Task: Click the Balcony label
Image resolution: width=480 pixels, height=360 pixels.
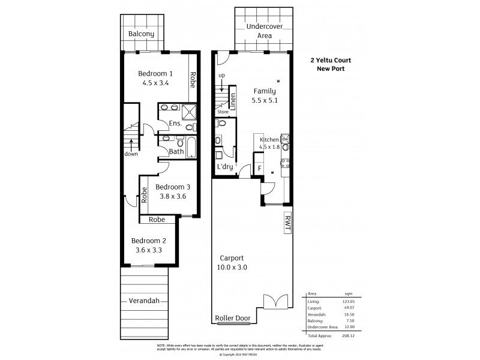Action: (x=142, y=34)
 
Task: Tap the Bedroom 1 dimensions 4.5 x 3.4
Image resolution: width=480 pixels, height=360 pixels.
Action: (x=155, y=83)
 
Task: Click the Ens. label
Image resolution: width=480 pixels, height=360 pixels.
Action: (x=175, y=124)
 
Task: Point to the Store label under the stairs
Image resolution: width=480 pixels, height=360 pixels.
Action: (x=223, y=112)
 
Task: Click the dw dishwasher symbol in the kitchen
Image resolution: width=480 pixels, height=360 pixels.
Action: (x=285, y=139)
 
